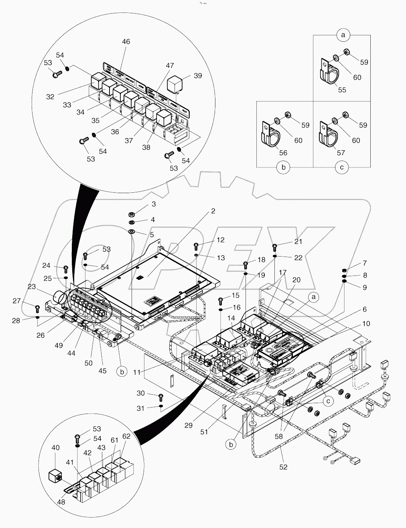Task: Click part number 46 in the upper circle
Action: click(x=126, y=41)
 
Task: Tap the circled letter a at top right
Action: click(x=343, y=35)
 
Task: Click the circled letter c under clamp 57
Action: click(x=341, y=167)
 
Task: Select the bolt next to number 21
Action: click(x=275, y=247)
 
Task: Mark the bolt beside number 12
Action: click(x=196, y=246)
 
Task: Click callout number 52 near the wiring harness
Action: click(x=283, y=467)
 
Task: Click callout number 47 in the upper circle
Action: click(x=170, y=65)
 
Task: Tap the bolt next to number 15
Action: click(x=220, y=300)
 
